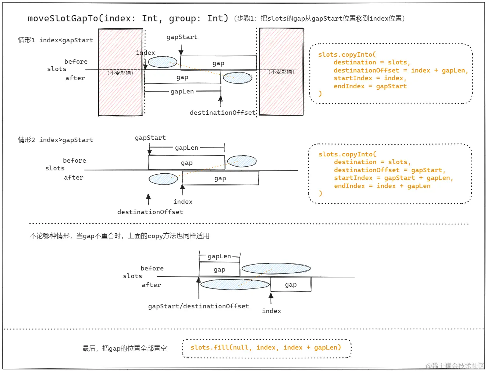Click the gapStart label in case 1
tap(182, 37)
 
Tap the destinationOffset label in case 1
tap(222, 113)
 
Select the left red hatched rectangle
tap(120, 92)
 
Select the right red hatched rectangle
tap(281, 92)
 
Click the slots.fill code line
tap(266, 348)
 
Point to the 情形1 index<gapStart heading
tap(56, 40)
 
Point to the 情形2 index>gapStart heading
tap(56, 140)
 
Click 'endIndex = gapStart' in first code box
tap(370, 86)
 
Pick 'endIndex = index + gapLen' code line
tap(382, 186)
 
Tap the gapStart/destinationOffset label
tap(198, 306)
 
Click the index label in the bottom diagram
tap(271, 311)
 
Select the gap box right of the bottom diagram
tap(291, 284)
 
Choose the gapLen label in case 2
tap(186, 148)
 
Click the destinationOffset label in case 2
tap(150, 212)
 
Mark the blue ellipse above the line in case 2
tap(242, 161)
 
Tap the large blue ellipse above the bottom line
tap(276, 269)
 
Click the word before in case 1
tap(76, 61)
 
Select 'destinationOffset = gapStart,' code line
tap(389, 170)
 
